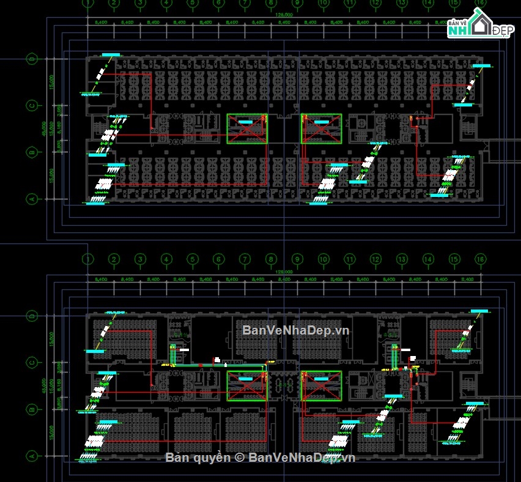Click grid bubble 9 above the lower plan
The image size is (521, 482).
[x=297, y=259]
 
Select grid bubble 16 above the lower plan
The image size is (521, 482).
[x=480, y=259]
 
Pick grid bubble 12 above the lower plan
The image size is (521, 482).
[x=375, y=259]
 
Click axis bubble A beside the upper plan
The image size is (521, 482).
[x=31, y=199]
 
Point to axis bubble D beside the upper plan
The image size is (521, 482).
[x=31, y=59]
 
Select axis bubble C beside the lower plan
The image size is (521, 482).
[x=31, y=363]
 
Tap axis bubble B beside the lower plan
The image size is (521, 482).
[x=31, y=409]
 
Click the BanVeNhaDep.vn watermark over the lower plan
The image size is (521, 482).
[x=295, y=330]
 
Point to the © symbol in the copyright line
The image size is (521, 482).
[x=240, y=458]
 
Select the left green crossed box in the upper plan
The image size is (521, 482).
[x=247, y=128]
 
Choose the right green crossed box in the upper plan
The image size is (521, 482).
[x=320, y=128]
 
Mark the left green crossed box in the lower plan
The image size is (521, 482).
[x=247, y=386]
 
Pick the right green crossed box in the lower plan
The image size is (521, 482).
[x=320, y=386]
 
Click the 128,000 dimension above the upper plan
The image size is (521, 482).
[x=284, y=14]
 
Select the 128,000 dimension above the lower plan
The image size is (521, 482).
[x=284, y=272]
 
